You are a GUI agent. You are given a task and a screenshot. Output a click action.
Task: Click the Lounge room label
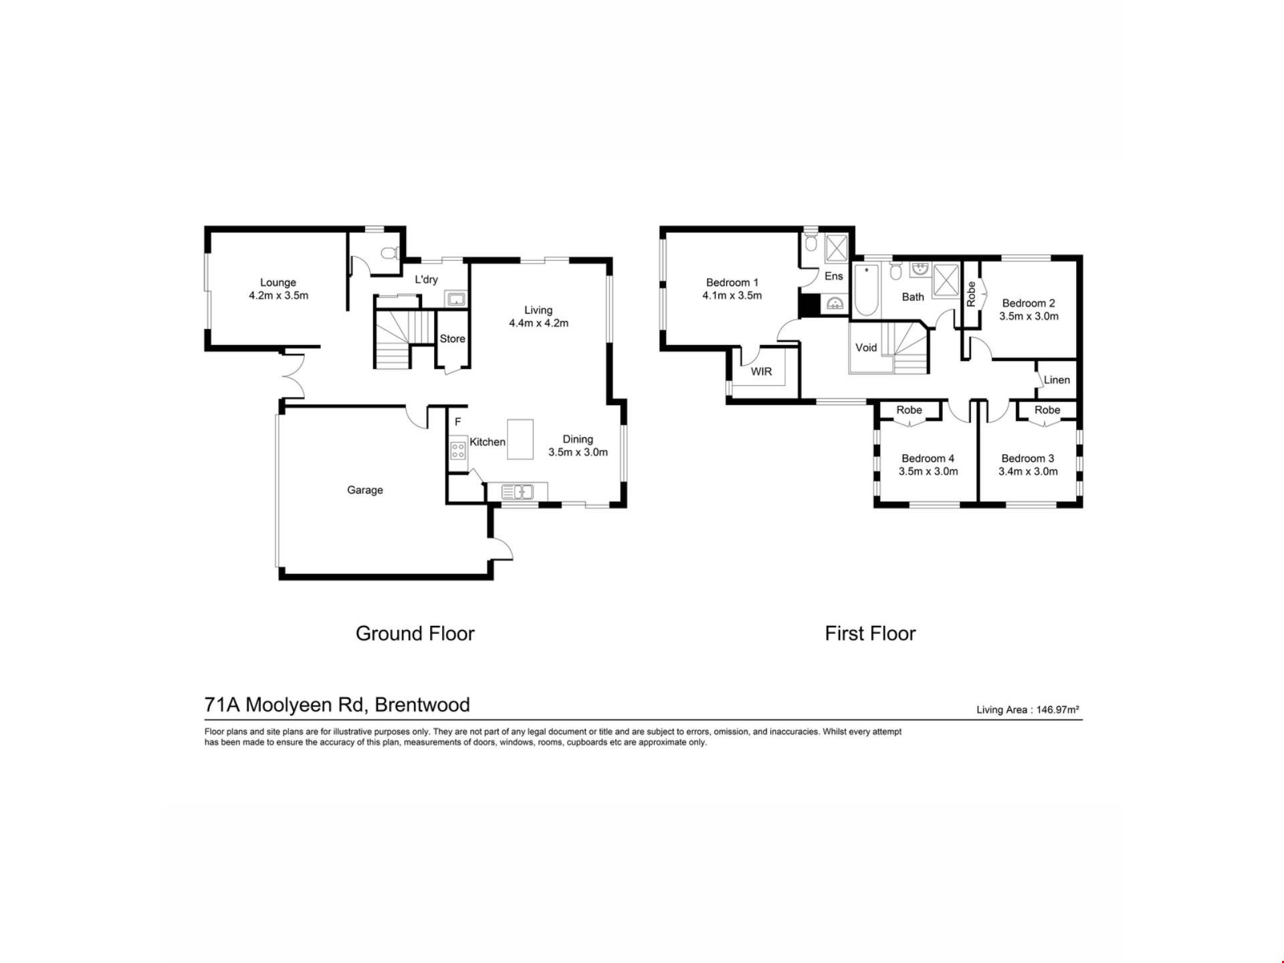278,282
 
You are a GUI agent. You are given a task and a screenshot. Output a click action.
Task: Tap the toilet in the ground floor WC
389,253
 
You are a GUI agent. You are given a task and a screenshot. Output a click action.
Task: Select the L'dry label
426,279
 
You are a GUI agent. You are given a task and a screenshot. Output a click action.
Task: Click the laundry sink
457,299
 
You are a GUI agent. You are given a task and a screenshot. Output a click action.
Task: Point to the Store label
452,338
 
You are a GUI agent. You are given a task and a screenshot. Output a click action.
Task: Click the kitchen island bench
520,439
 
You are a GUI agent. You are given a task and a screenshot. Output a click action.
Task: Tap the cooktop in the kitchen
458,449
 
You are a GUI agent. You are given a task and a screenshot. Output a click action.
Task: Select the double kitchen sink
518,492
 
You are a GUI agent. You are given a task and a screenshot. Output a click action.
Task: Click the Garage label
364,490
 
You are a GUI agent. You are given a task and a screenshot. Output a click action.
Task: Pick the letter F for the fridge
458,422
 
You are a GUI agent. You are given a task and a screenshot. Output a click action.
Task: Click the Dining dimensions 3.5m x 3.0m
578,452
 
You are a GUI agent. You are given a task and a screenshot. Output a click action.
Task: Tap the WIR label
761,371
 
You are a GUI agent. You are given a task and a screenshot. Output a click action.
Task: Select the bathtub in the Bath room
866,290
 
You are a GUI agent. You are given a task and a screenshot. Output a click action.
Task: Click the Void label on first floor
866,347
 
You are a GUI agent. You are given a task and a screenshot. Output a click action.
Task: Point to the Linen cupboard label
1057,380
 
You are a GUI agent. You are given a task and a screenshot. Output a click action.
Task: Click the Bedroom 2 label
1029,303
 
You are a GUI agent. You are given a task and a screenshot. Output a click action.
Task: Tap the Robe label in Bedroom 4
909,410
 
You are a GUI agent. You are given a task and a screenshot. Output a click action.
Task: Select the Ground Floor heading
415,633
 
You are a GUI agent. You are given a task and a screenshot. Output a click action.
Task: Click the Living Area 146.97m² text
1028,710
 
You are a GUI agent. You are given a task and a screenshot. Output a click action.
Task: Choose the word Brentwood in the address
422,704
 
